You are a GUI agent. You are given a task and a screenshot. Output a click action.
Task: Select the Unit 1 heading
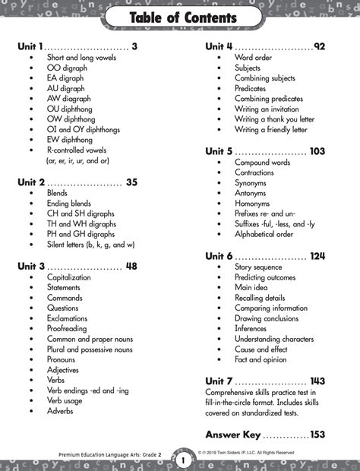click(x=30, y=46)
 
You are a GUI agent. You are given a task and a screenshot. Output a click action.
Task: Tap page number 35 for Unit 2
click(x=131, y=182)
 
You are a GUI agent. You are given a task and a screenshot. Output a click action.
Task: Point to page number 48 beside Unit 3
click(x=131, y=267)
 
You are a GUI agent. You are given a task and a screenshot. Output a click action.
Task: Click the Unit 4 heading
click(x=219, y=46)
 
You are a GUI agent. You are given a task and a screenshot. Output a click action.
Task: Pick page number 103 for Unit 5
click(x=317, y=151)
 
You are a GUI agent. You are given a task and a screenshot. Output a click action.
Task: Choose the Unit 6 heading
click(x=219, y=256)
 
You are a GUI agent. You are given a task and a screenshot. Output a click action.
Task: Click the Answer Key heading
click(x=233, y=435)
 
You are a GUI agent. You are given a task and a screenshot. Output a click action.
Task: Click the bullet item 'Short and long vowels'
click(x=81, y=58)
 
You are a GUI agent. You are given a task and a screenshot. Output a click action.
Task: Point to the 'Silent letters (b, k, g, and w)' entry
click(x=90, y=245)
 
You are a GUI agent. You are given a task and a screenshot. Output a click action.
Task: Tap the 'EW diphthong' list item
click(x=69, y=140)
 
